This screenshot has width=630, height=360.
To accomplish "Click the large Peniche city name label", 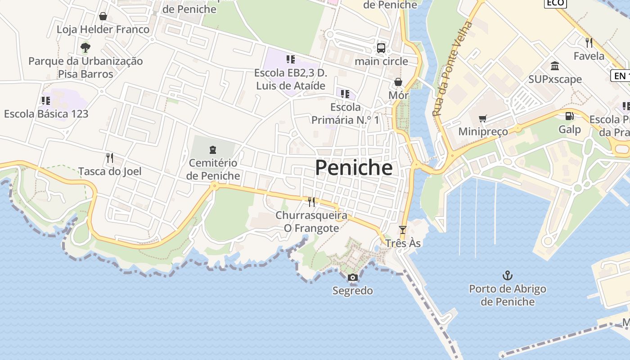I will (x=354, y=168).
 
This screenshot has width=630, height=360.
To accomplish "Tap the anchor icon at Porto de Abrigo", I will (x=508, y=275).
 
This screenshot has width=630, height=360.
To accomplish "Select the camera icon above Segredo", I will (x=353, y=277).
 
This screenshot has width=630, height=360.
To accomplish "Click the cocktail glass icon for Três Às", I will (x=403, y=229).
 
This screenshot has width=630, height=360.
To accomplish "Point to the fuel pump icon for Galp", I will (x=569, y=116).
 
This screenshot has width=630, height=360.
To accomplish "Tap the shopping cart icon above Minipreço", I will (x=483, y=119).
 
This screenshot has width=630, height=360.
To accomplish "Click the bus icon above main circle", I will (x=381, y=48).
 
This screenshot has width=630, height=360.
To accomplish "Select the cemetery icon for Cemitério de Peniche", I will (x=213, y=149).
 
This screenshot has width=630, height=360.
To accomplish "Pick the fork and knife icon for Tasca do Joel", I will (x=109, y=157).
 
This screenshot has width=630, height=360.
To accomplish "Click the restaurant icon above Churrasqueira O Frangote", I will (x=311, y=202).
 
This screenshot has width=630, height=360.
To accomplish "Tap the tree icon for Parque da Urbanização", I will (x=85, y=47).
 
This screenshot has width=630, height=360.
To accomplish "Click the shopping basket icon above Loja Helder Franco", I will (x=103, y=16).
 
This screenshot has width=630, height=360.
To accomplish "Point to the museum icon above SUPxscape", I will (x=555, y=66).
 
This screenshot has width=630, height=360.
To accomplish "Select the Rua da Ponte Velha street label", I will (x=453, y=68).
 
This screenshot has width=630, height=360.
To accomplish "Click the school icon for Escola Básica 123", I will (x=46, y=100).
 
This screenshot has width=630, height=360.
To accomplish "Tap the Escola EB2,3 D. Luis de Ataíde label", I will (x=290, y=79).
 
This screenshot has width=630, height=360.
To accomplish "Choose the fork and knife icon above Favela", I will (x=589, y=43).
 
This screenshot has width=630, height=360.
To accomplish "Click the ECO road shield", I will (x=555, y=3).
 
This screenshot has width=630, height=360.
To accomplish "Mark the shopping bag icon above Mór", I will (x=398, y=82).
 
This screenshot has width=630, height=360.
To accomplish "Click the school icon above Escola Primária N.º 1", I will (x=345, y=94).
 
